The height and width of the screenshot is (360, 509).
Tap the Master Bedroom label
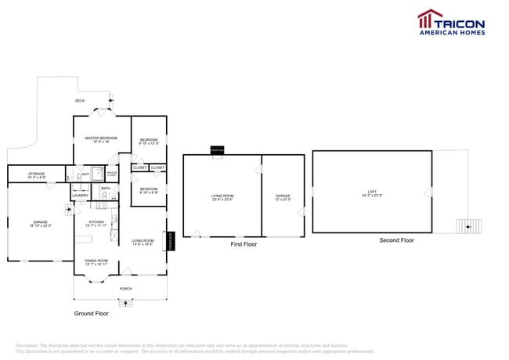(x=100, y=139)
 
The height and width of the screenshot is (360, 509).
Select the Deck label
(x=80, y=101)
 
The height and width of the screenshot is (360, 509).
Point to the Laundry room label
(x=81, y=196)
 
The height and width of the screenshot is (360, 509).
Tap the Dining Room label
(x=96, y=262)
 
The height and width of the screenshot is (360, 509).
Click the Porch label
(x=125, y=289)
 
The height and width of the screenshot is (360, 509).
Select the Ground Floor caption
(x=92, y=312)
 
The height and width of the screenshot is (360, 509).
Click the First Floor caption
(x=243, y=244)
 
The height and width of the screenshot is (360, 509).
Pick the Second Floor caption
(x=396, y=240)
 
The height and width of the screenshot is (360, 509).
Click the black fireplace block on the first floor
(x=216, y=149)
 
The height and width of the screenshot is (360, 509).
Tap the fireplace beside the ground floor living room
(x=171, y=241)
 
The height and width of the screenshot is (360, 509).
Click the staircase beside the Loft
(x=468, y=226)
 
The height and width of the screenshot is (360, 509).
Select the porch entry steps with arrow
(x=126, y=302)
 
